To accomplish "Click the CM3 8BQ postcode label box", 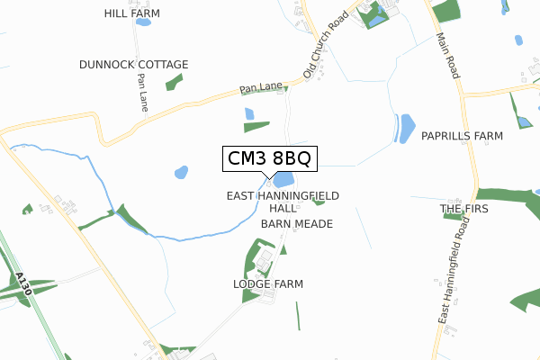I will click(x=269, y=159).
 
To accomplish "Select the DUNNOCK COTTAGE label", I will click(x=133, y=65).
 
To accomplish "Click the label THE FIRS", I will click(x=464, y=209).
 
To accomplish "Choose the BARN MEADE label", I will click(x=297, y=223).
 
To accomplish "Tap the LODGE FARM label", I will click(x=268, y=283).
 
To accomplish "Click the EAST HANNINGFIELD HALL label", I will click(x=282, y=201).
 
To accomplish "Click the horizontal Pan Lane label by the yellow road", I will click(x=261, y=89).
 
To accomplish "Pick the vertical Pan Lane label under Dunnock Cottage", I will click(x=142, y=93).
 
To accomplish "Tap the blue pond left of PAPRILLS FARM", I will click(x=406, y=128).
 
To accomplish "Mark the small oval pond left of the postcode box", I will click(x=181, y=171).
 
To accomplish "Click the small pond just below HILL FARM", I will click(x=142, y=22).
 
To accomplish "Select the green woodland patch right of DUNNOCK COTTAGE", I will click(x=174, y=82).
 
